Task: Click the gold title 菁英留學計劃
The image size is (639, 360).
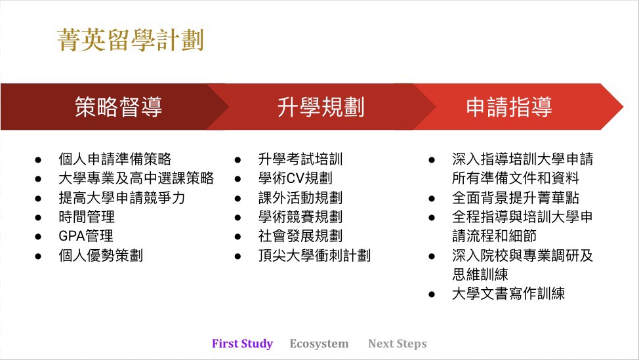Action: coord(131,40)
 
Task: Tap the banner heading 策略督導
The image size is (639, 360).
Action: coord(119,107)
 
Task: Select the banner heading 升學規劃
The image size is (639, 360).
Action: coord(321,107)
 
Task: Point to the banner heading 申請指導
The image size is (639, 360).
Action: coord(509,107)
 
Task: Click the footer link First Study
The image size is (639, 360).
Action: coord(242,344)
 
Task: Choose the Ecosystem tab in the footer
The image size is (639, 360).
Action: coord(319,344)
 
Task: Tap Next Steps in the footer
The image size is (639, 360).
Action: coord(398,344)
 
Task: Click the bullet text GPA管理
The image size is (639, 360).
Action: coord(86,236)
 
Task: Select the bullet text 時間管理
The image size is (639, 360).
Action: coord(87,216)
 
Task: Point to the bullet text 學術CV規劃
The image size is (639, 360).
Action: coord(295,178)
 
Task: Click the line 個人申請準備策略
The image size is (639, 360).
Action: coord(115,159)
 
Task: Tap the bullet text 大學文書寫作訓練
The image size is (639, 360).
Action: coord(508,294)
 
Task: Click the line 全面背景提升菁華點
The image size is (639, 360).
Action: coord(516,198)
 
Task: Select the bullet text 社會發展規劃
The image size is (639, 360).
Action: coord(300,236)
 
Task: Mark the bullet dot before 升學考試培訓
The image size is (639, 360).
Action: coord(237,160)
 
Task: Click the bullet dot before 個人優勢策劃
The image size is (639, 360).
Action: coord(38,256)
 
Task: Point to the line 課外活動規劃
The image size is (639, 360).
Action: coord(300,198)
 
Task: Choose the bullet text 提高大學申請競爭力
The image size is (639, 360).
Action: coord(122,198)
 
